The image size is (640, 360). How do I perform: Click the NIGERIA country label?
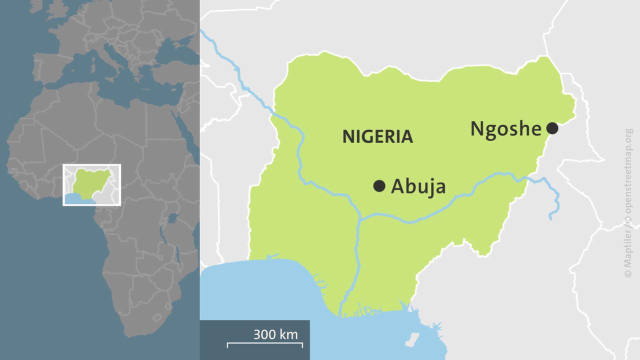click(x=377, y=136)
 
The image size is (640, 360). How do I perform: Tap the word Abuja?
click(x=418, y=186)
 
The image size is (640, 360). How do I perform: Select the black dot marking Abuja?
click(x=379, y=186)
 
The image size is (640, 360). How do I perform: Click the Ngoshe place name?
click(x=505, y=129)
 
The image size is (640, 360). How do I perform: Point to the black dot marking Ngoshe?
click(x=552, y=128)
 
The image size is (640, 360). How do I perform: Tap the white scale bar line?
click(x=265, y=344)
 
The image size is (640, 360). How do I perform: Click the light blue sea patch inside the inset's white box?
click(x=77, y=199)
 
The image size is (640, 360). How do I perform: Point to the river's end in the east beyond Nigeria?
click(x=550, y=218)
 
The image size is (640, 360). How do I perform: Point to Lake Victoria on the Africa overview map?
click(x=172, y=218)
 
